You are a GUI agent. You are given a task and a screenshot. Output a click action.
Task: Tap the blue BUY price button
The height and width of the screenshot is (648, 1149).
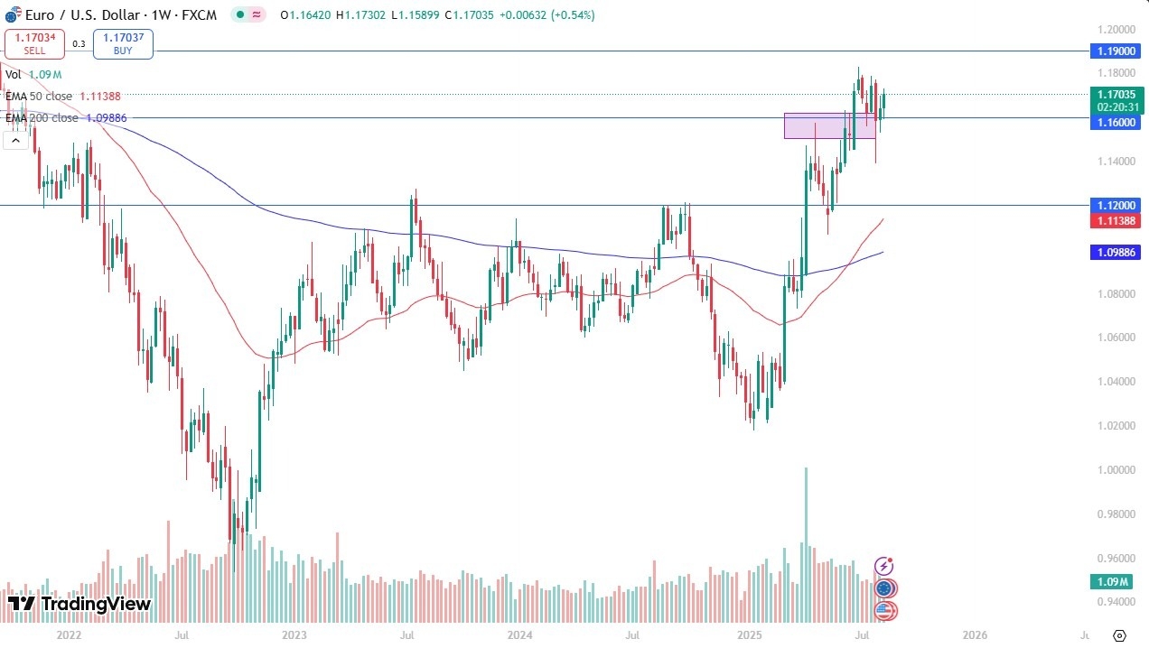123,43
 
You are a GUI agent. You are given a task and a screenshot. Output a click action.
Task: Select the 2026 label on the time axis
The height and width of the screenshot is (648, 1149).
975,635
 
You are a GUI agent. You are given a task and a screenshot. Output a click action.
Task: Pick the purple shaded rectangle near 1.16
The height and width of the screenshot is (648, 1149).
829,125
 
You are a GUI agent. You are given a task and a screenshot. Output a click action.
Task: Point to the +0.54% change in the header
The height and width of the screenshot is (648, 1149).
570,15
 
